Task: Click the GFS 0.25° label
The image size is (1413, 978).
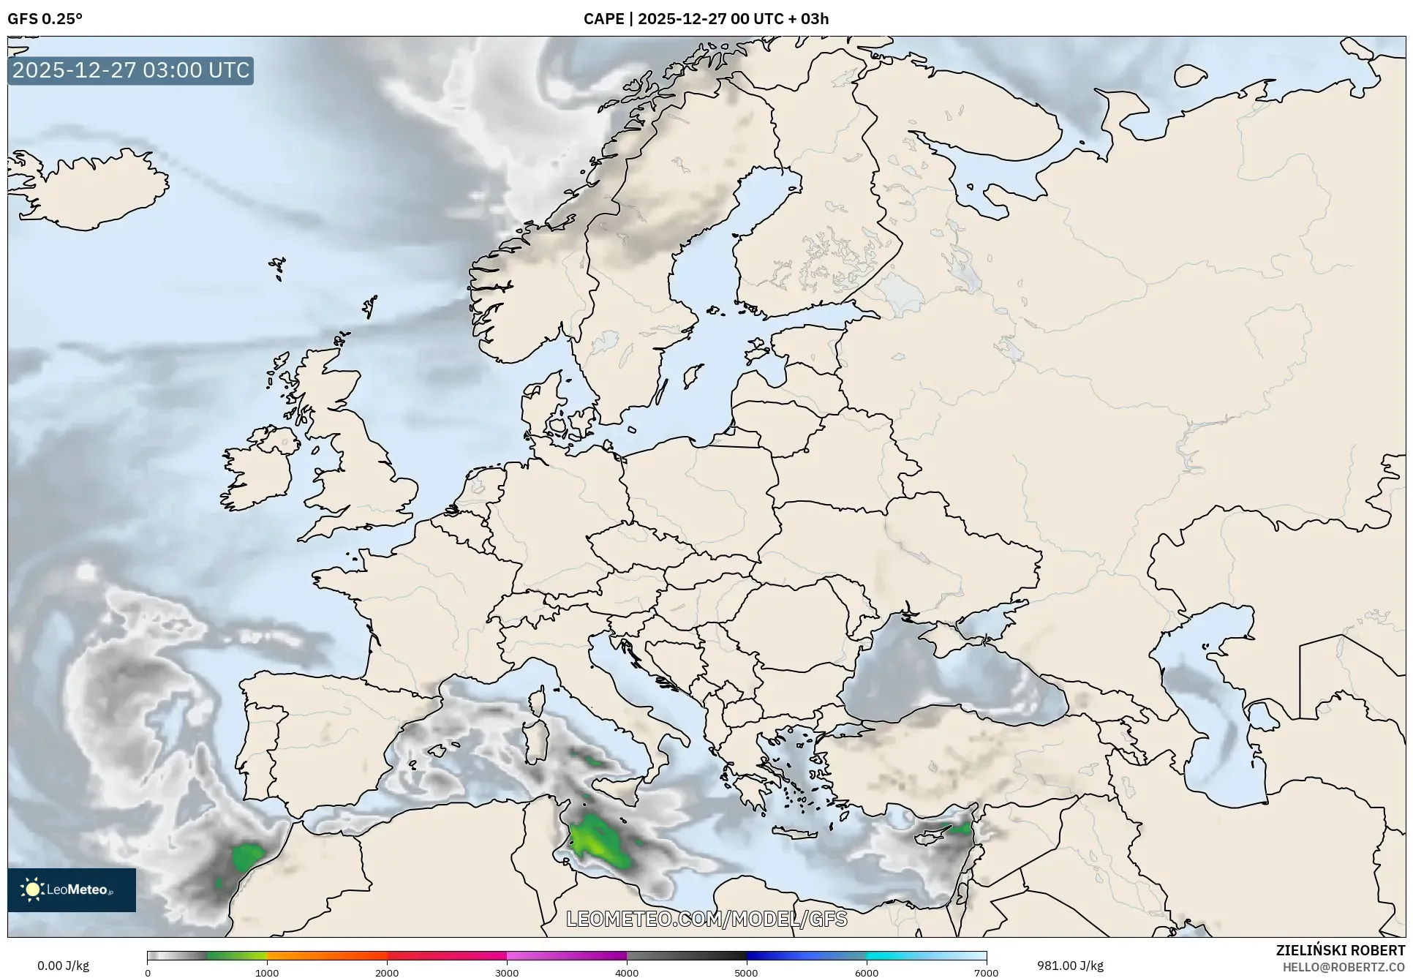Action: point(45,19)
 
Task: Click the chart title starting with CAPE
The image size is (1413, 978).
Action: point(706,19)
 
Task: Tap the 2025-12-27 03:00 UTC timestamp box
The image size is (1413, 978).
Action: point(131,70)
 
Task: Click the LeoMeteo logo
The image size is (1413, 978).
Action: point(72,889)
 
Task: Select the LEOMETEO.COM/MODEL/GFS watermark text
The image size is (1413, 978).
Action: point(706,919)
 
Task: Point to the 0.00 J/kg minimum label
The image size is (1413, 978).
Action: point(63,966)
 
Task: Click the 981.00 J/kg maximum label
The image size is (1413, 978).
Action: point(1070,966)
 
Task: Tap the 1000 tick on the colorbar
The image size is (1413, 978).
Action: point(267,972)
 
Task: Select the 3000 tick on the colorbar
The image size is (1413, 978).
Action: point(507,972)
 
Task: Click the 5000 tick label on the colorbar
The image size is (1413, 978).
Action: point(746,972)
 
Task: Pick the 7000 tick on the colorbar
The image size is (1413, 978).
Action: point(986,972)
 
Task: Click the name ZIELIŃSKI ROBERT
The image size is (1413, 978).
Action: point(1340,950)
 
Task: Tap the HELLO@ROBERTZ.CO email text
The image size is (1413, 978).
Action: point(1344,967)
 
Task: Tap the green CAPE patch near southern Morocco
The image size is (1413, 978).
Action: point(249,856)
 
